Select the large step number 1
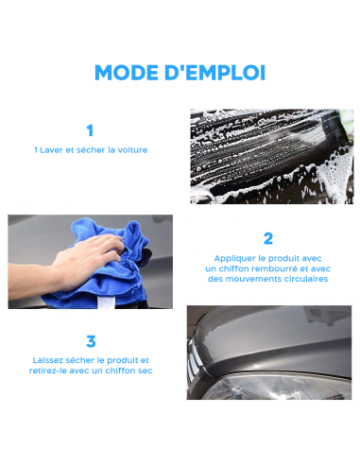[90, 131]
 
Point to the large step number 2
[268, 238]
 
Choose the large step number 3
[91, 341]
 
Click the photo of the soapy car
[270, 156]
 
